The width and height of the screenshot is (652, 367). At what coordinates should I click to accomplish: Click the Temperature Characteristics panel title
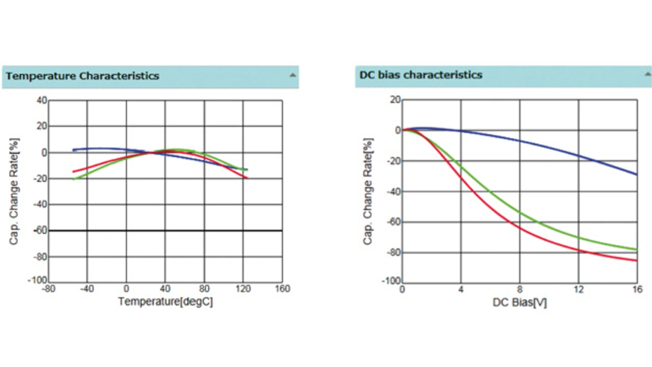click(83, 76)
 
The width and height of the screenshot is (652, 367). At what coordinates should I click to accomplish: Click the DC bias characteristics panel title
click(421, 75)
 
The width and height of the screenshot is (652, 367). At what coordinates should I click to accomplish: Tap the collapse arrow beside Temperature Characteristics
click(292, 75)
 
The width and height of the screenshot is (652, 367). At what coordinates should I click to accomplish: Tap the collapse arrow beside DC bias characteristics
click(647, 74)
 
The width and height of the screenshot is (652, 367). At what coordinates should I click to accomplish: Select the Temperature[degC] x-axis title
click(165, 301)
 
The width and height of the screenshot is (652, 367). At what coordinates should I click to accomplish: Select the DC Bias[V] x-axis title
click(520, 302)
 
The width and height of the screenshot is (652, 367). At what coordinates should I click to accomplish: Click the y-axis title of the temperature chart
click(14, 191)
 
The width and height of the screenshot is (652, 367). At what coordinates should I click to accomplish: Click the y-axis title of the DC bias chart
click(368, 191)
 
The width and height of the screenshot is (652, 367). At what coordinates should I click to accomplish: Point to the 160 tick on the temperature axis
click(282, 289)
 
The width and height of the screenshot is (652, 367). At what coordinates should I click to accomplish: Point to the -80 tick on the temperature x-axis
click(48, 289)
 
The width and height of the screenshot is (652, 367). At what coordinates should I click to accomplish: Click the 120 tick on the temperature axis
click(243, 289)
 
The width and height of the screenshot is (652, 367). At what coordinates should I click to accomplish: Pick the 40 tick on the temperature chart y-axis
click(41, 101)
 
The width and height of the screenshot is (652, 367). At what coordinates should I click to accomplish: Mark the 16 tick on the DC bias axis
click(636, 290)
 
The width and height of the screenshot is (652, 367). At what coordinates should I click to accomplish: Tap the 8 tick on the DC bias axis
click(520, 290)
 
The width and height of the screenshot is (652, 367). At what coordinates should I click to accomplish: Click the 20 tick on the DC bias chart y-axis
click(396, 100)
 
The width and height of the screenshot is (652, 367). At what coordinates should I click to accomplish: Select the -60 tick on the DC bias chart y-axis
click(393, 222)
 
